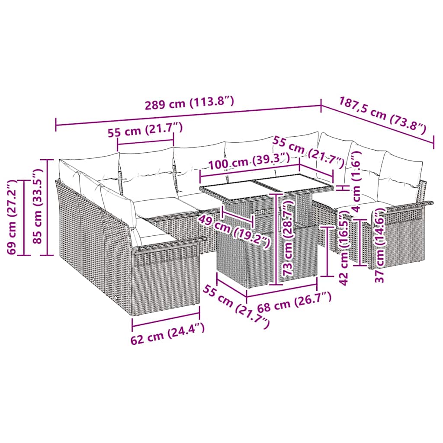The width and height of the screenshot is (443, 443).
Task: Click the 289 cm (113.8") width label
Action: (x=190, y=103)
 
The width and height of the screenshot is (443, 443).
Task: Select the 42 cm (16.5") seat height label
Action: (x=344, y=247)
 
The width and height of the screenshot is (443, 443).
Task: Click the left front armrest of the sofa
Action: (x=169, y=247)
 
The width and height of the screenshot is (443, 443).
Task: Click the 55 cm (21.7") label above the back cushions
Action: (x=145, y=130)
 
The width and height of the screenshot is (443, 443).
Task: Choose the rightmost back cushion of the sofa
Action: (x=400, y=173)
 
